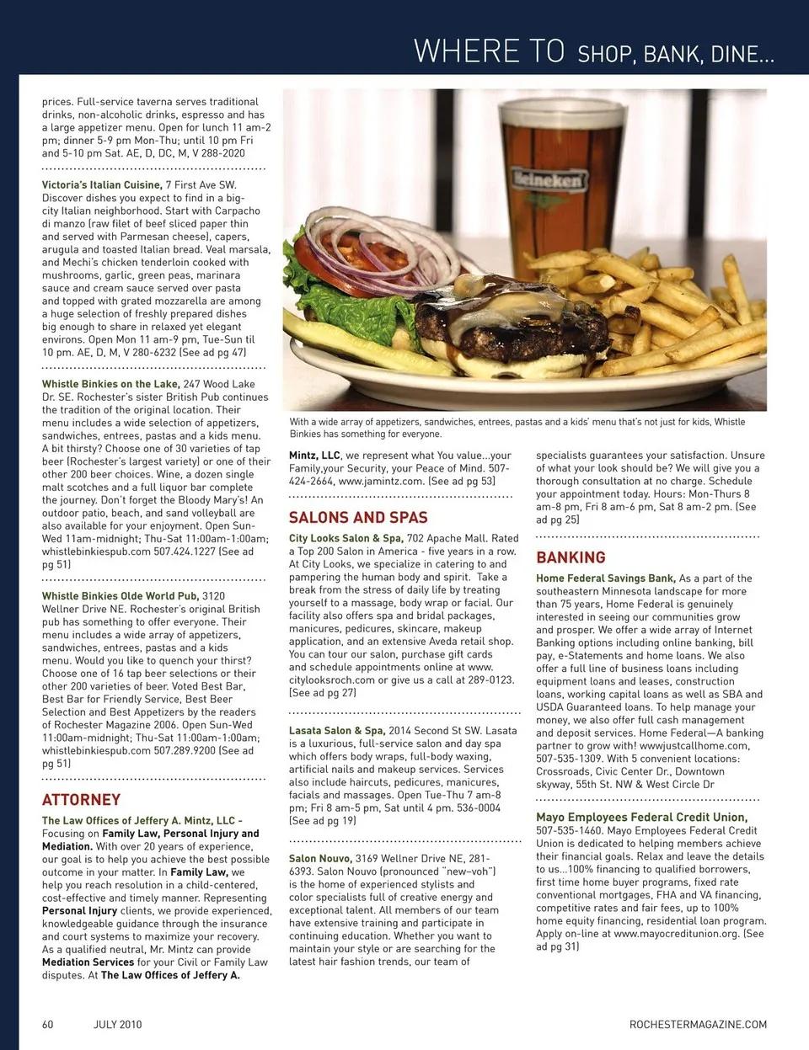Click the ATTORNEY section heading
tap(81, 799)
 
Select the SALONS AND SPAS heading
tap(358, 517)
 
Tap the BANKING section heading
tap(571, 557)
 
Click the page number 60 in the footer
tap(48, 1024)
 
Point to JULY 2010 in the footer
tap(117, 1024)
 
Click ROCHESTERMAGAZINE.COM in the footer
tap(698, 1024)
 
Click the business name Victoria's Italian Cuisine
tap(101, 184)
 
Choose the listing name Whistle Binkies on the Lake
tap(110, 384)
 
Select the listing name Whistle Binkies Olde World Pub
tap(121, 596)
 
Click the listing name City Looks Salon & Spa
tap(345, 538)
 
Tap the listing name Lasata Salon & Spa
tap(336, 731)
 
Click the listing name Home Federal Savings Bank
tap(605, 578)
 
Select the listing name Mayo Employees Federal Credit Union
tap(641, 817)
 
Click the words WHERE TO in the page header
tap(489, 52)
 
